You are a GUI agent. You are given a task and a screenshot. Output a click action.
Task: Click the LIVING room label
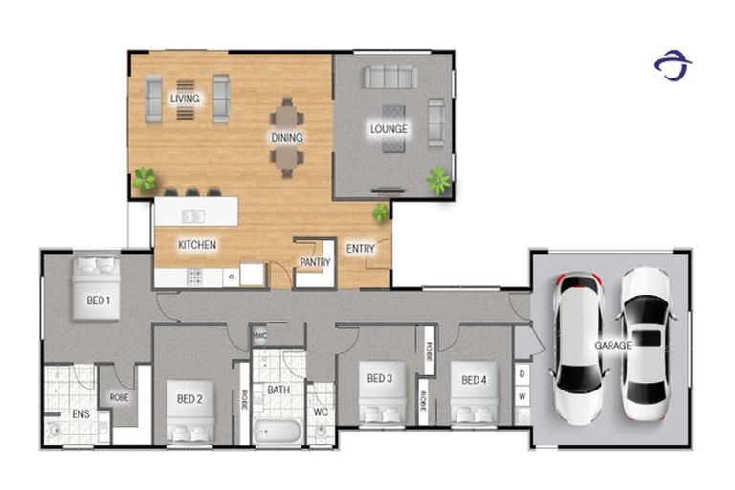point(185,99)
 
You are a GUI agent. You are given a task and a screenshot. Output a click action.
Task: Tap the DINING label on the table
point(286,138)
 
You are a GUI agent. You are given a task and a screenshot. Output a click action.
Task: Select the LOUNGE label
point(390,129)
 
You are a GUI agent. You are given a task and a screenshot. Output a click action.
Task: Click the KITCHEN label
point(197,245)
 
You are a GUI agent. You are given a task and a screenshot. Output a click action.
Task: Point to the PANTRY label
point(315,261)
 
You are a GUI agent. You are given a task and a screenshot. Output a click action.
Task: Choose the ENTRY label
point(361,249)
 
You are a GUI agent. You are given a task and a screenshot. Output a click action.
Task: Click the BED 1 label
point(98,301)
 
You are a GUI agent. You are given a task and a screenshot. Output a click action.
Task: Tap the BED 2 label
point(189,398)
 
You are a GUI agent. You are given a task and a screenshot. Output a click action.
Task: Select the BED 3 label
point(380,379)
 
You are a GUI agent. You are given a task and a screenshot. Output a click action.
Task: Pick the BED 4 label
point(475,380)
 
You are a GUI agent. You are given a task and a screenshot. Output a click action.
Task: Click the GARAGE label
point(612,345)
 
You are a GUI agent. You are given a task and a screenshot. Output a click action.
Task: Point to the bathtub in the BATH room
point(278,430)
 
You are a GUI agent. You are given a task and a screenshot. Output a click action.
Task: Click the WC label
point(322,412)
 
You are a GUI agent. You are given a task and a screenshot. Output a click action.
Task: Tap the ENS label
point(80,414)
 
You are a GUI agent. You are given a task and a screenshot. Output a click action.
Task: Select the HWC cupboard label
point(260,335)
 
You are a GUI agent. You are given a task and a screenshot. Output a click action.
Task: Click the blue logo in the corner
point(672,66)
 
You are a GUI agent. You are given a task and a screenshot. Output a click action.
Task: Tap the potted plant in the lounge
point(439,179)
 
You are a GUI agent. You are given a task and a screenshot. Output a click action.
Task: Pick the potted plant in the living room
point(145,179)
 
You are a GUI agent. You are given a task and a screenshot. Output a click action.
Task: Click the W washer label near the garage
point(523,396)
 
